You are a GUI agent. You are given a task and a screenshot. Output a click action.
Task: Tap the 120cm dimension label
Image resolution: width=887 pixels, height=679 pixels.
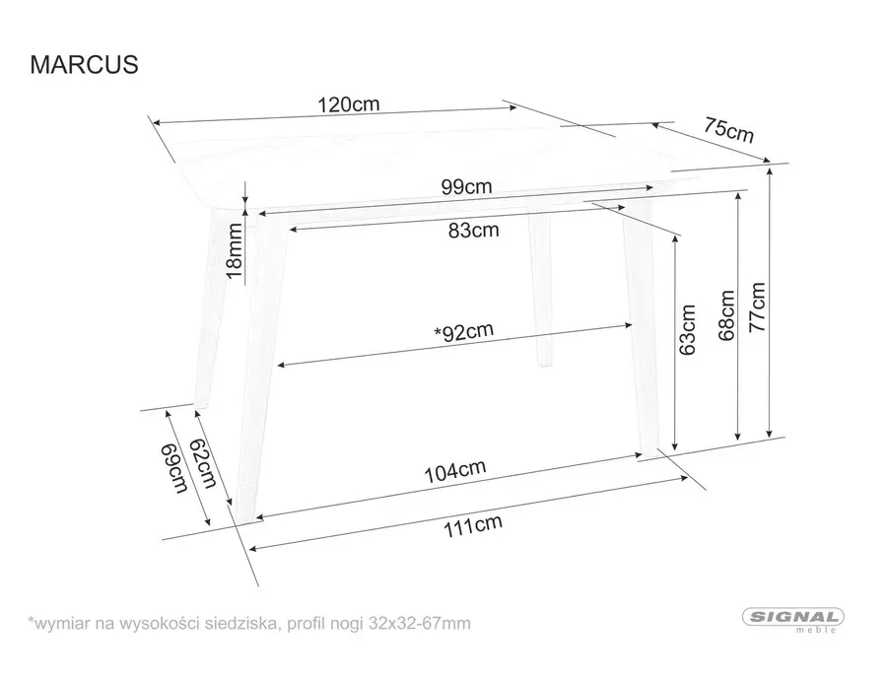point(348,104)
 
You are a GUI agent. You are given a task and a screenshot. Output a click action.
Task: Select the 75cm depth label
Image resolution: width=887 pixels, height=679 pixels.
point(728,129)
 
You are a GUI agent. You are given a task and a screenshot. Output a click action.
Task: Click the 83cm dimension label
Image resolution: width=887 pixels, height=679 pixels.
point(472,231)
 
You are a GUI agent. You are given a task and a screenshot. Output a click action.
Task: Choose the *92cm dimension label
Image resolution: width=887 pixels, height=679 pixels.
point(463,331)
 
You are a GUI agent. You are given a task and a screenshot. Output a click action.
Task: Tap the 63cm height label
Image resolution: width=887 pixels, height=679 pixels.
point(688,328)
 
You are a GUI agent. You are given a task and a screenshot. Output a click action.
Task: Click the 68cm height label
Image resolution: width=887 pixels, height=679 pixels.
point(727,315)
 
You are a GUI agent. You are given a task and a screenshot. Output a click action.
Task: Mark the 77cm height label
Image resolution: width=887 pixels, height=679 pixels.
point(757,307)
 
